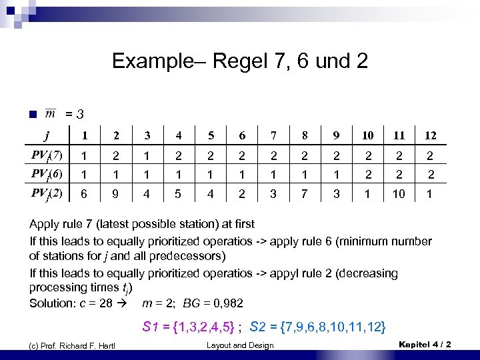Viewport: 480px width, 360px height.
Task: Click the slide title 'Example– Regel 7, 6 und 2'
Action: pos(240,61)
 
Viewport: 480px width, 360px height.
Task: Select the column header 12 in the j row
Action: pos(431,136)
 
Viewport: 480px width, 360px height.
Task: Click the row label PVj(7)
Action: pos(47,156)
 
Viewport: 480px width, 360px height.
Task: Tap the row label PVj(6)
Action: pos(47,175)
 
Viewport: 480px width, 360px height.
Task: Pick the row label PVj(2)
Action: pos(47,194)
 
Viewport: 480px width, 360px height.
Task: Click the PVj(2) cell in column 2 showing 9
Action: pos(116,195)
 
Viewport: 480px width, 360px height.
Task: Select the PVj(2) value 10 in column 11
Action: pos(399,195)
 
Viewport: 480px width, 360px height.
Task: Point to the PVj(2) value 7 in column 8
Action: pos(304,195)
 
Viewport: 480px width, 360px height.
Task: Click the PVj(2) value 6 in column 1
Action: pos(84,195)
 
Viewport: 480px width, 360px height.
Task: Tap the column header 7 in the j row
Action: pos(273,136)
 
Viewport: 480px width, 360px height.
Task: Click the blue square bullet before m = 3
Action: pos(33,114)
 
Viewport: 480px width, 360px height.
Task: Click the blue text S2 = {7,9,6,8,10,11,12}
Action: pos(317,327)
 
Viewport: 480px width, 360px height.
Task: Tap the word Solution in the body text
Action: pos(51,303)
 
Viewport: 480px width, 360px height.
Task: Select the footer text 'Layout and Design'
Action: pos(239,345)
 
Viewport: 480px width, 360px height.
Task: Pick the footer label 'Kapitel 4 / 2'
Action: pos(424,344)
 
